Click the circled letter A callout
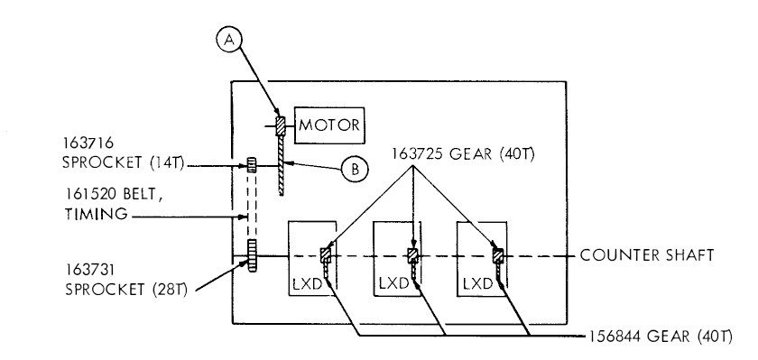click(229, 40)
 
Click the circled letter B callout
click(355, 169)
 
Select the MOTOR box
click(329, 125)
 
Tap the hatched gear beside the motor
click(281, 126)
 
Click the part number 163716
click(88, 143)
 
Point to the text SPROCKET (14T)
click(124, 162)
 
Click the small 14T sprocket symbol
click(252, 165)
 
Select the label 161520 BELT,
click(114, 194)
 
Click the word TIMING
click(97, 213)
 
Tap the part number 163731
click(90, 269)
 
